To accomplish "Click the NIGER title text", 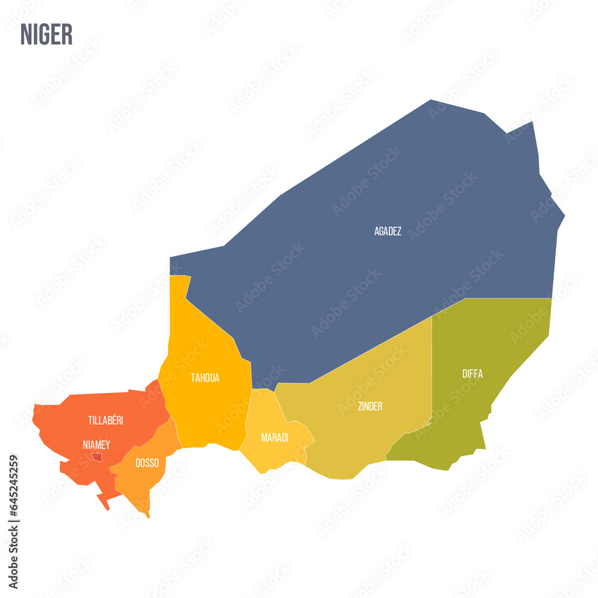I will pyautogui.click(x=47, y=35).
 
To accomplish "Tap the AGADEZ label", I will pyautogui.click(x=388, y=231).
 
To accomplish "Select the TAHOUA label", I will pyautogui.click(x=205, y=378).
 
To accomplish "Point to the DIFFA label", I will pyautogui.click(x=472, y=374).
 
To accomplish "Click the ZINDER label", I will pyautogui.click(x=370, y=407).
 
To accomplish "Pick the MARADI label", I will pyautogui.click(x=274, y=438).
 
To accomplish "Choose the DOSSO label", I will pyautogui.click(x=147, y=463).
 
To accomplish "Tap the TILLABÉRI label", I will pyautogui.click(x=105, y=420).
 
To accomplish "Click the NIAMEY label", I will pyautogui.click(x=96, y=445).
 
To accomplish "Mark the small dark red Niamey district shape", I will pyautogui.click(x=97, y=457).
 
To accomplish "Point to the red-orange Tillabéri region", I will pyautogui.click(x=72, y=431).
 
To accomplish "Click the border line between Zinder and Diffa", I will pyautogui.click(x=432, y=371).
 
